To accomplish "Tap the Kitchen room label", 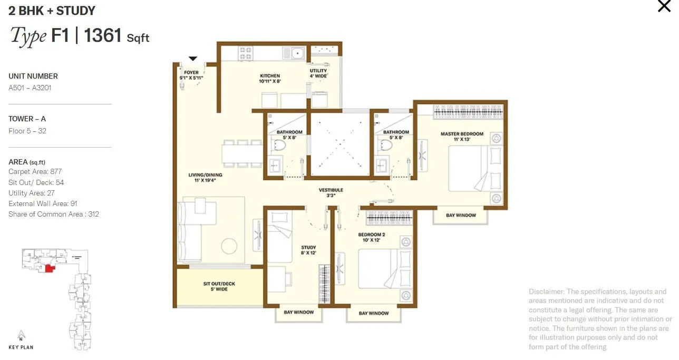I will point(269,79).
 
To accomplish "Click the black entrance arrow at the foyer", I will point(193,59).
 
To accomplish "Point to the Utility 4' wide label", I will point(318,73).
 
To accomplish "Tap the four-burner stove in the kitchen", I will point(246,53).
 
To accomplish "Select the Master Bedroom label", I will point(462,137).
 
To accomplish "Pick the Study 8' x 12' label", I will point(308,250).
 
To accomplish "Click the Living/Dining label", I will point(205,178).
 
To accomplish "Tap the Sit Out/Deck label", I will point(219,286).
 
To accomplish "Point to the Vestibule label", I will point(331,192).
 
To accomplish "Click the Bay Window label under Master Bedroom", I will point(461,216).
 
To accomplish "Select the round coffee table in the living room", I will point(229,246).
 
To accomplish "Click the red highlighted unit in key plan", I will point(50,268).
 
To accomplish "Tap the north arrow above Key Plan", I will point(21,335).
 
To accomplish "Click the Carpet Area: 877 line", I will point(35,172).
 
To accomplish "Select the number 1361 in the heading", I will point(103,36).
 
